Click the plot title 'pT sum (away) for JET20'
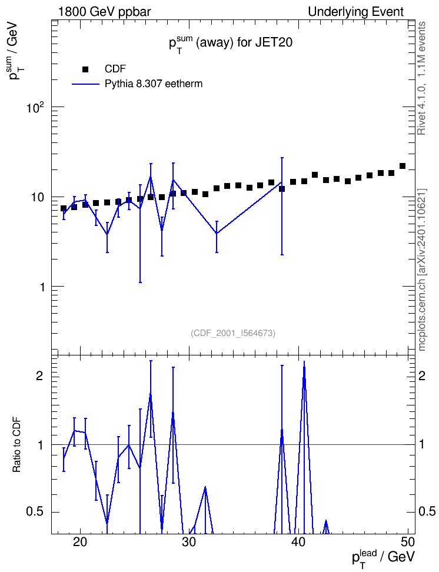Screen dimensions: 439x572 pyautogui.click(x=230, y=44)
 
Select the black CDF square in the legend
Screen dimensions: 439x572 pyautogui.click(x=85, y=69)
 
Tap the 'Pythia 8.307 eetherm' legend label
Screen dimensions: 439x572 pyautogui.click(x=154, y=84)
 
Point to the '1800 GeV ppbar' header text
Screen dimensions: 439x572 pyautogui.click(x=104, y=12)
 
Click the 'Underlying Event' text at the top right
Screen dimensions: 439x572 pyautogui.click(x=356, y=12)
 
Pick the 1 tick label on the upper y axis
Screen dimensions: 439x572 pyautogui.click(x=42, y=287)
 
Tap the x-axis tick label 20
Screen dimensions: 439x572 pyautogui.click(x=80, y=542)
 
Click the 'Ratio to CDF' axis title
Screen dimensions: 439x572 pyautogui.click(x=17, y=445)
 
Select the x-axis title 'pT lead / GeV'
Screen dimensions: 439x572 pyautogui.click(x=383, y=558)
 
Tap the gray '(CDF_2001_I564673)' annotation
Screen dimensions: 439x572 pyautogui.click(x=233, y=333)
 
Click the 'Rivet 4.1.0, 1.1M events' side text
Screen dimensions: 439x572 pyautogui.click(x=422, y=78)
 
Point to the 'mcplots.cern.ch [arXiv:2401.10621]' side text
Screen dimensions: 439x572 pyautogui.click(x=422, y=270)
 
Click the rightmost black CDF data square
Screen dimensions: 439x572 pyautogui.click(x=403, y=167)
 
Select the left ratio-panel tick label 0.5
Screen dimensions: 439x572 pyautogui.click(x=35, y=512)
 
